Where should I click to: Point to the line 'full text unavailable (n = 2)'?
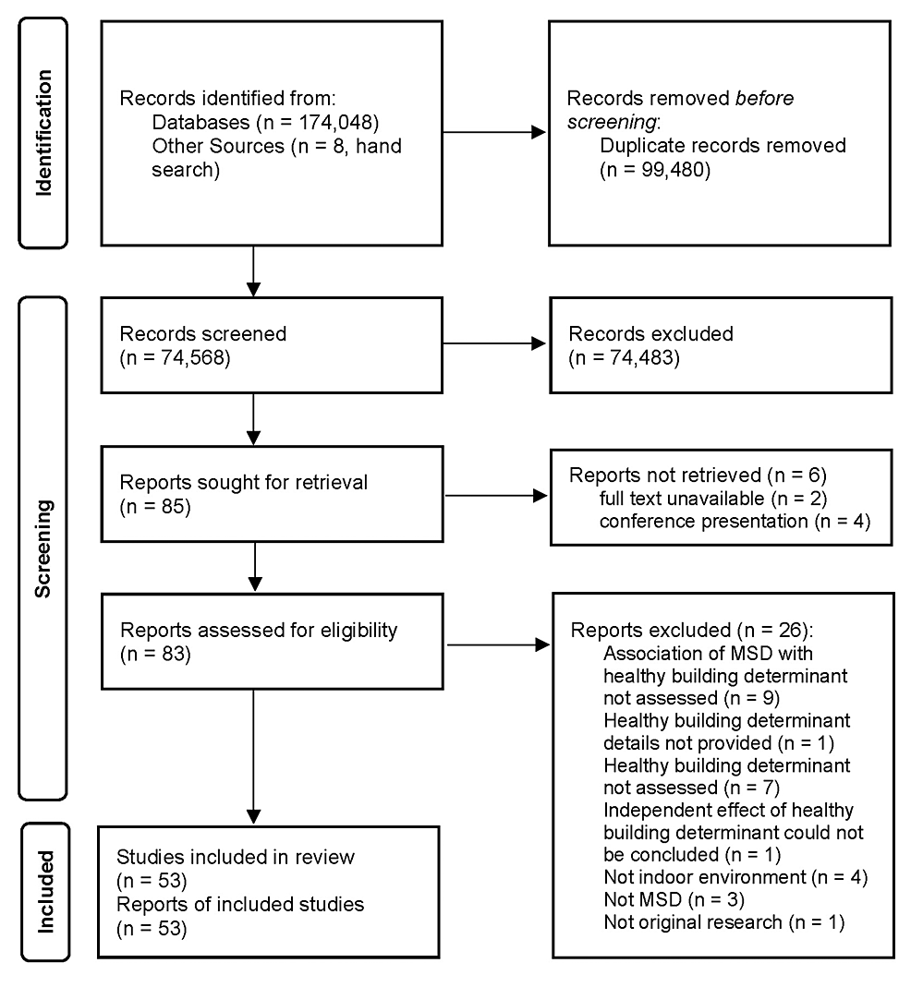tap(701, 500)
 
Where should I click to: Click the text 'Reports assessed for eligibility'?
tap(259, 632)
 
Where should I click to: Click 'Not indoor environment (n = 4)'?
tap(735, 877)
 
